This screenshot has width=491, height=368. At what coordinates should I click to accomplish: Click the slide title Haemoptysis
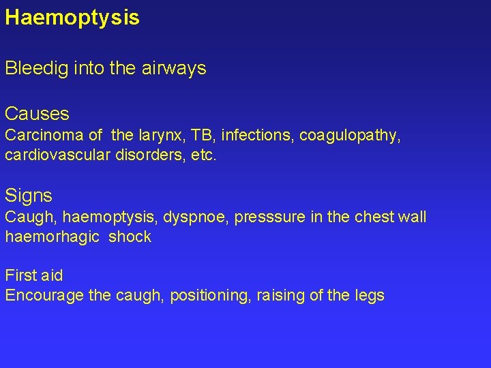pos(72,18)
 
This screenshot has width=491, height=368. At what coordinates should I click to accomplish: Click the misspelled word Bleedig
pos(33,69)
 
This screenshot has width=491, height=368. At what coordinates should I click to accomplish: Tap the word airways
pos(176,69)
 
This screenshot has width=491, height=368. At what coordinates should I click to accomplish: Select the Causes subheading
pos(37,113)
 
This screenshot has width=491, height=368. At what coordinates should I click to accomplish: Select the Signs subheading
pos(29,196)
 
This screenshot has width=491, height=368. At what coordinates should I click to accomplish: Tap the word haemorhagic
pos(49,237)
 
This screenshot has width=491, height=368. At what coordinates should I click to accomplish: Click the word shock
pos(130,237)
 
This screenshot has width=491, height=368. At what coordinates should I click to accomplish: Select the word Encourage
pos(40,296)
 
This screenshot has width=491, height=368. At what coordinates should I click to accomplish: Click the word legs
pos(370,296)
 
